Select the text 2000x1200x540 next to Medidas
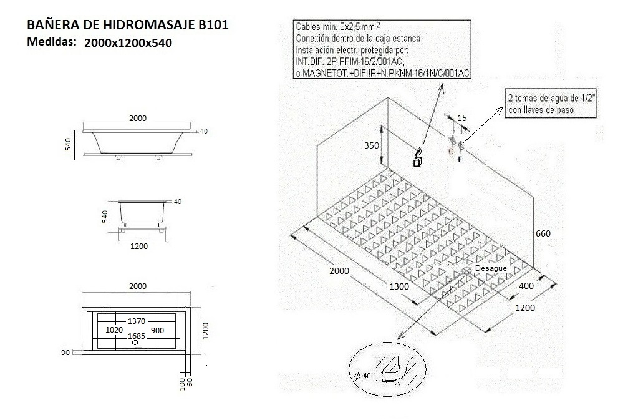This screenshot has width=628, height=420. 128,43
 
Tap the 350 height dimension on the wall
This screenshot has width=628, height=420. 372,145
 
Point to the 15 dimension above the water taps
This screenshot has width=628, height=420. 462,119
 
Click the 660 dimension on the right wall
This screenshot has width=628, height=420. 543,233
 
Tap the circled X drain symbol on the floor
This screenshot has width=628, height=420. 467,271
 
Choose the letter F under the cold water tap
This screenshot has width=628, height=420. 460,159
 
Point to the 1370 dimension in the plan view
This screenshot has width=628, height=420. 137,321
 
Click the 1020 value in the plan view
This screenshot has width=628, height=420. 114,330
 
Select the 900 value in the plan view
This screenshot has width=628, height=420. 158,330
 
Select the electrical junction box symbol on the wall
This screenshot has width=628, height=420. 417,160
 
